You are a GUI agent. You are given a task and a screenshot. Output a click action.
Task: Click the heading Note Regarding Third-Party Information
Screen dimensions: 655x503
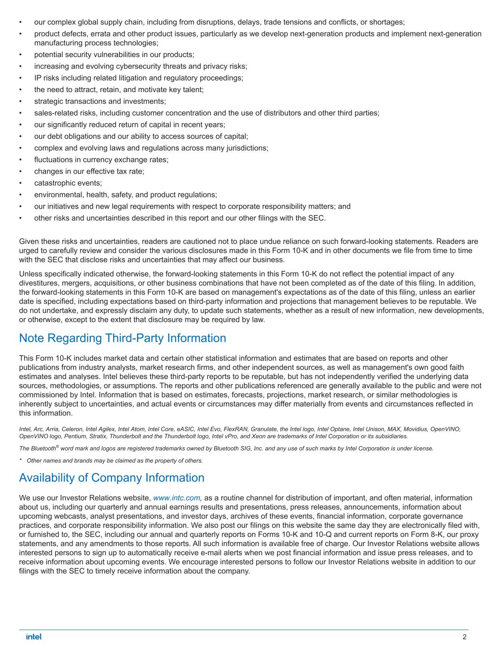(x=122, y=338)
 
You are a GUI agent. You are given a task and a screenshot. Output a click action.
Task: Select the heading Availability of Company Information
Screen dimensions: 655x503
(x=111, y=478)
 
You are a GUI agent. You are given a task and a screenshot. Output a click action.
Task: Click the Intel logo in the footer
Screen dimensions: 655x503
(x=34, y=637)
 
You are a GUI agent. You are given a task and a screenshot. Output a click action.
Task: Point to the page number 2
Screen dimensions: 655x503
(x=465, y=637)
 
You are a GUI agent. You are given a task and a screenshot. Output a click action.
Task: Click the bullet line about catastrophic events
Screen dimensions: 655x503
(x=68, y=183)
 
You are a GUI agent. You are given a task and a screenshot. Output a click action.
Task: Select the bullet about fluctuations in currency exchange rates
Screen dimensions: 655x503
(x=101, y=160)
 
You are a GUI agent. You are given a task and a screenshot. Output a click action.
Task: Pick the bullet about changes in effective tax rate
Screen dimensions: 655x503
(x=89, y=171)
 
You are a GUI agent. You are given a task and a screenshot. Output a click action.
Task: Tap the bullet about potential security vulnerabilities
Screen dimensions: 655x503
(x=114, y=55)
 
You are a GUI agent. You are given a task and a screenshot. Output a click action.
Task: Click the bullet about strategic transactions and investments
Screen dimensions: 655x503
(x=100, y=101)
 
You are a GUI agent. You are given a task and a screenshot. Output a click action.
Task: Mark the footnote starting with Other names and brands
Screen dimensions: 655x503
(x=115, y=461)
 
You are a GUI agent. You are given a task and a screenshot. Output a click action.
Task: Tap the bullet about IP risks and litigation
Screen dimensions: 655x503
(x=138, y=78)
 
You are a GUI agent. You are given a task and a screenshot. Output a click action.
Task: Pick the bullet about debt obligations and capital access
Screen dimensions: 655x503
(x=141, y=136)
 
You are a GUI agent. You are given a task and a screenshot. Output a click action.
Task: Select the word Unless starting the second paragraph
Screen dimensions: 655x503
(x=30, y=274)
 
